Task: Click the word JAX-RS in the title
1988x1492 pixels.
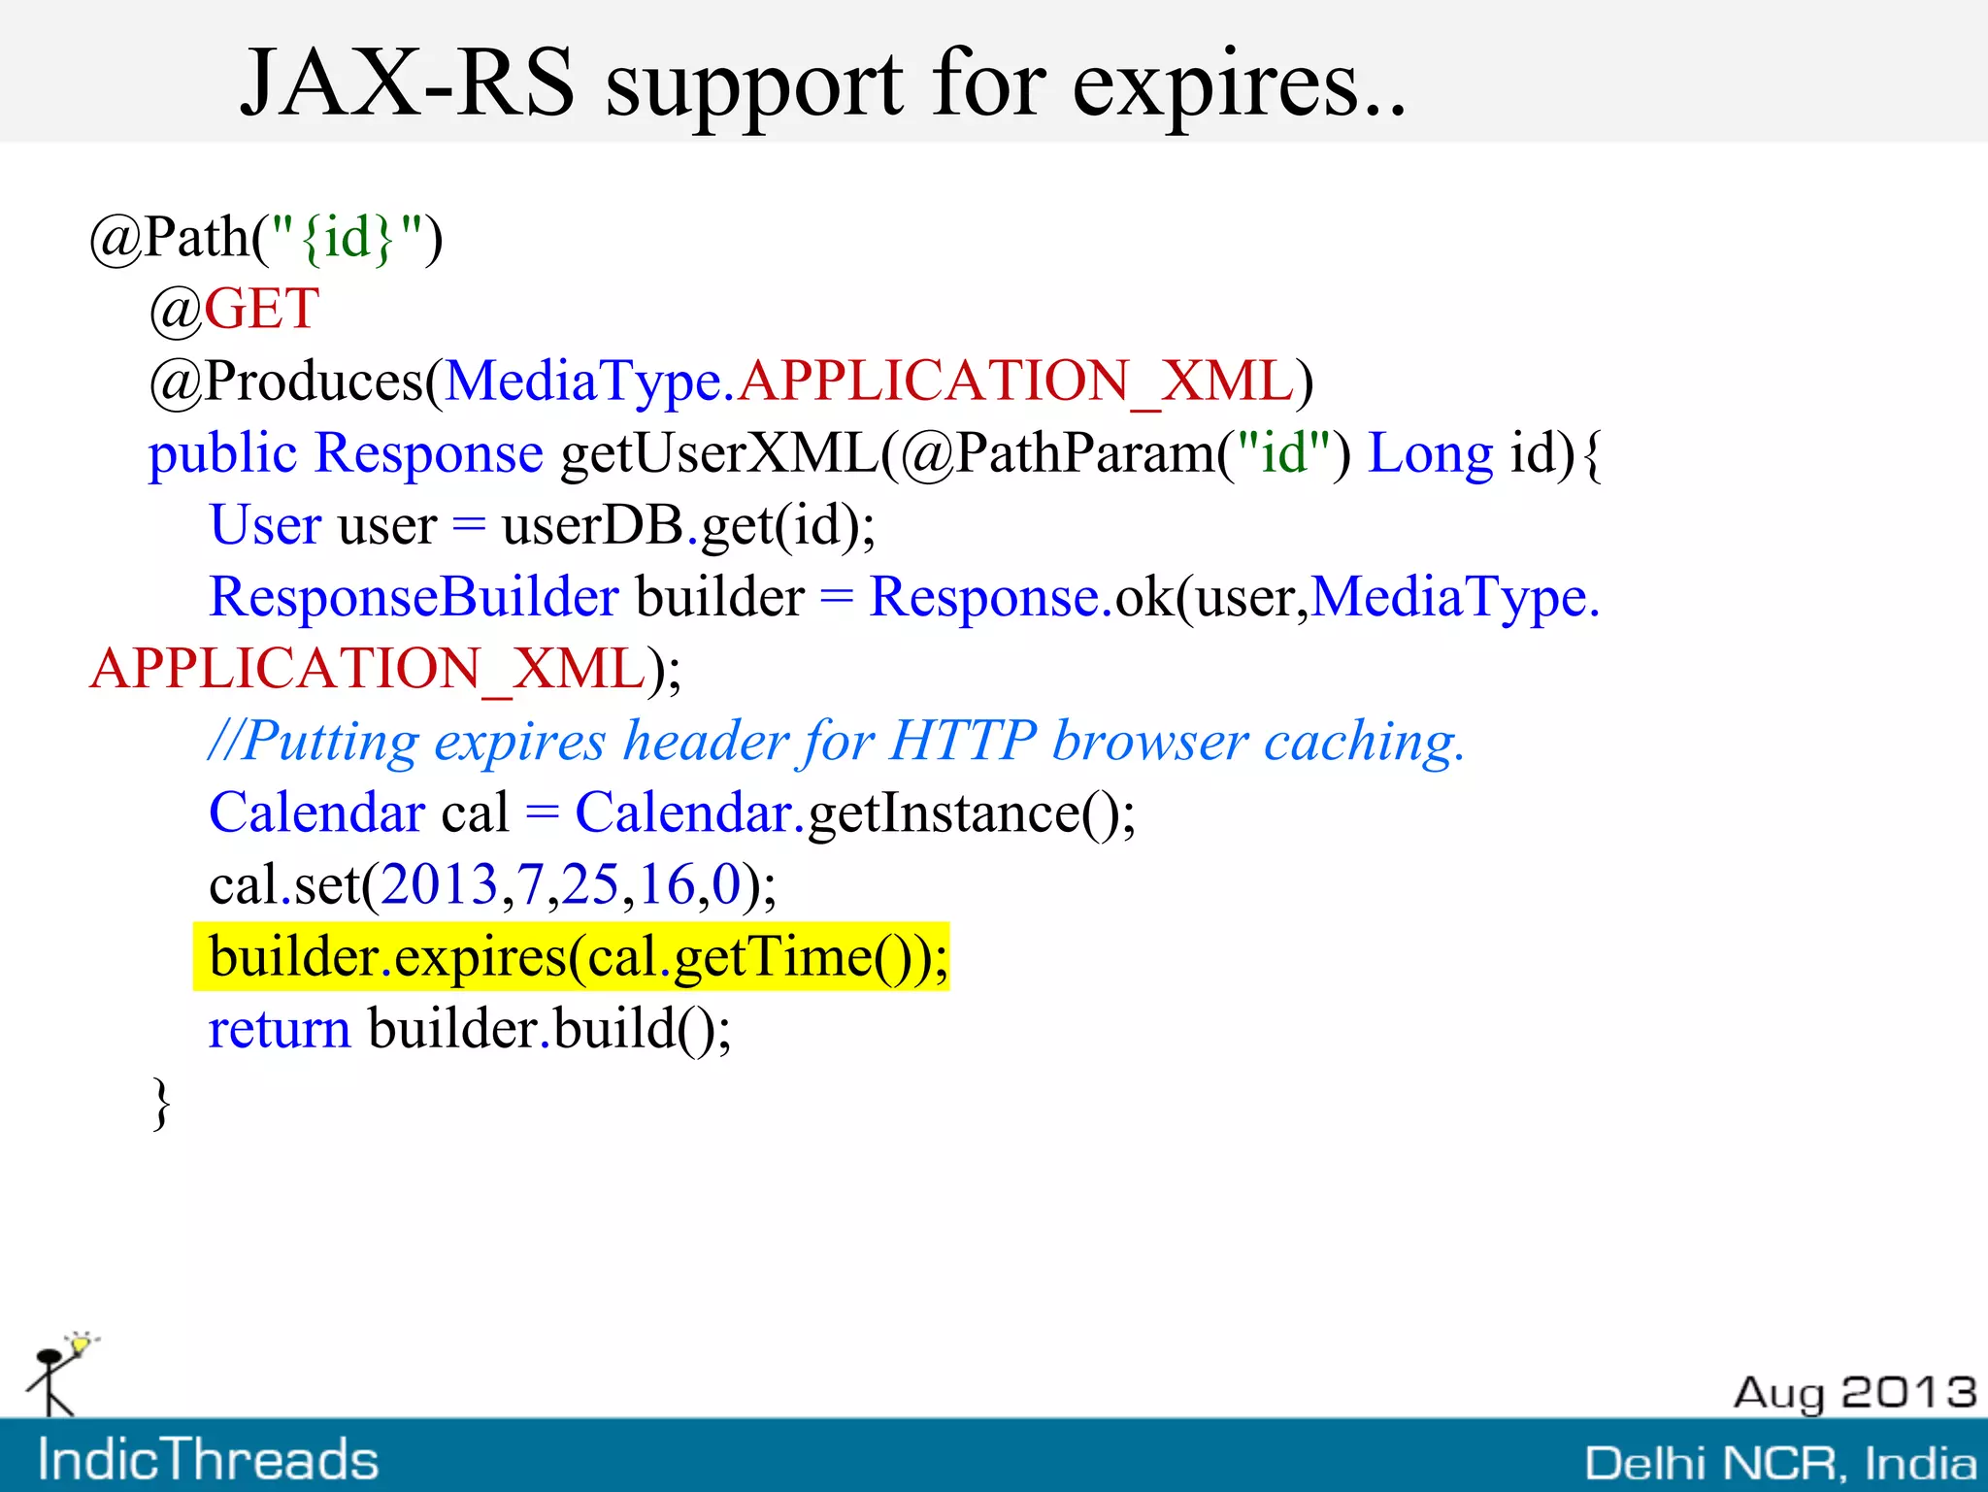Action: pos(408,85)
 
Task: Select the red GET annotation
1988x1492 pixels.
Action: pos(261,309)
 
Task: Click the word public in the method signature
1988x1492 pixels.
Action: pos(222,453)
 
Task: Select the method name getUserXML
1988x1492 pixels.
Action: pos(719,453)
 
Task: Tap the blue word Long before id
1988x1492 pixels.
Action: pos(1430,453)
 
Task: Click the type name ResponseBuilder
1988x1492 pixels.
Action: pos(414,596)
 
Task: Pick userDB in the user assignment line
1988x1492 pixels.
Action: pos(593,525)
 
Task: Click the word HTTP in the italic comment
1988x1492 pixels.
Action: pos(962,741)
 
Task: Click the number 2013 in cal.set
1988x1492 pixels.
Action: pos(439,884)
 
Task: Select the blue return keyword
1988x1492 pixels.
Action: pos(280,1029)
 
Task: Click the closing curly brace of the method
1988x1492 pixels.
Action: pos(162,1103)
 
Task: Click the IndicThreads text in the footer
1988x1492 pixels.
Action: pos(208,1459)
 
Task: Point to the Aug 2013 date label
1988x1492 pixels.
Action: pos(1854,1393)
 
